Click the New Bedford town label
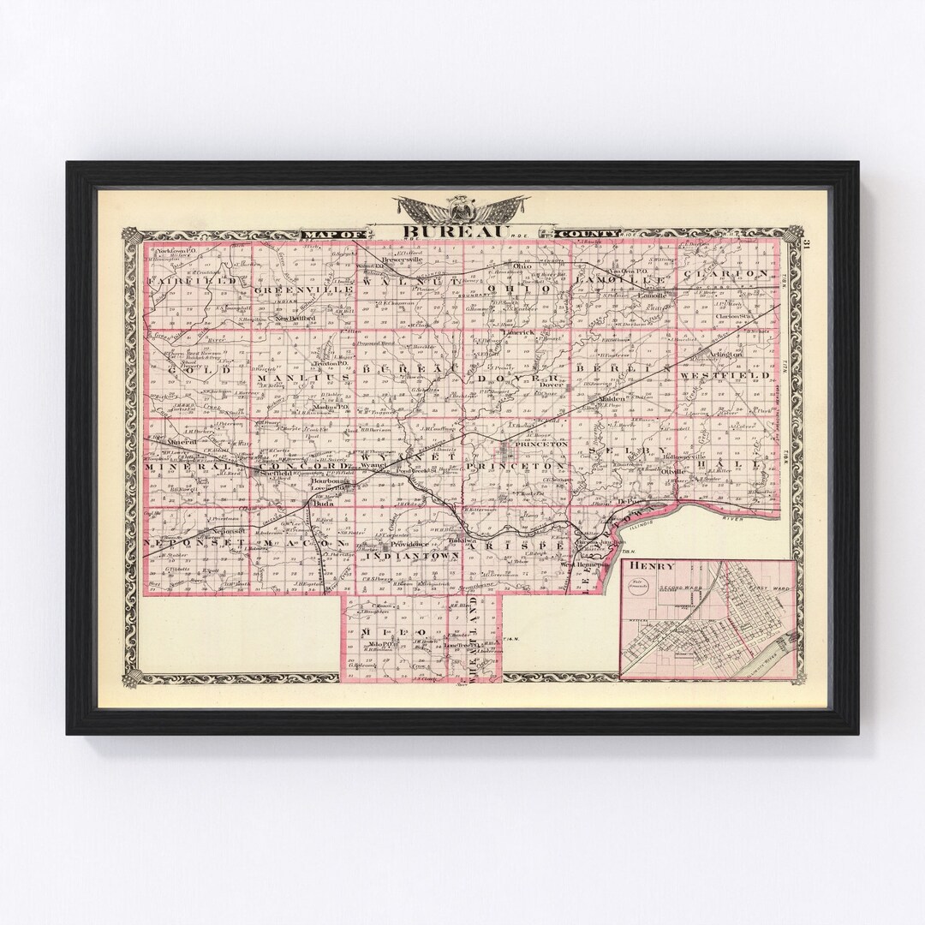click(x=295, y=319)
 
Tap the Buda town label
click(x=322, y=505)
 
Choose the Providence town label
click(x=408, y=545)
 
